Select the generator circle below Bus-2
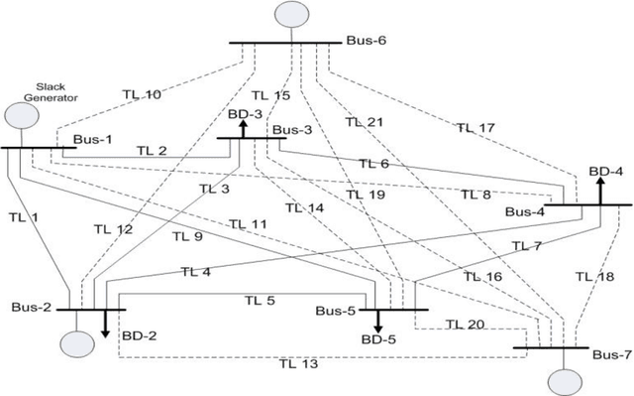click(x=74, y=341)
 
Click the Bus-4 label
click(x=525, y=212)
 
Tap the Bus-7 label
click(x=610, y=354)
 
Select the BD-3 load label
click(x=246, y=115)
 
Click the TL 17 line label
click(x=475, y=127)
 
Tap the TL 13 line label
click(x=298, y=363)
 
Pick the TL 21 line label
click(x=365, y=122)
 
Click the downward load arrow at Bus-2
click(x=105, y=325)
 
